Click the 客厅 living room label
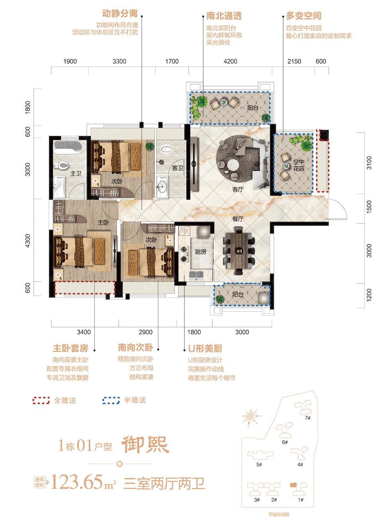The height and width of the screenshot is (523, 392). point(238,190)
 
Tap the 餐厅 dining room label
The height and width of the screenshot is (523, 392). point(238,219)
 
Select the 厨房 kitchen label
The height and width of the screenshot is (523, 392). point(200,252)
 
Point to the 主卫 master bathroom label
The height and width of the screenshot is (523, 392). point(76,173)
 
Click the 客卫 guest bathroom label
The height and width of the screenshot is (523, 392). point(178,168)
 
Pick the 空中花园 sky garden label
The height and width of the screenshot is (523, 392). point(298,165)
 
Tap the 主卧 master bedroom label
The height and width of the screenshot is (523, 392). point(103,222)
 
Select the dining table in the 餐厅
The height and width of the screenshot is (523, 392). point(239,251)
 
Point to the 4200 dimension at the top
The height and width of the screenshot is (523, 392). point(230,61)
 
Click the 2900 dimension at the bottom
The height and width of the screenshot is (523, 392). point(145,332)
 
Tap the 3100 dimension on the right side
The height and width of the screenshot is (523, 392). point(369,163)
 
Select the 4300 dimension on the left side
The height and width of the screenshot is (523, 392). point(27,241)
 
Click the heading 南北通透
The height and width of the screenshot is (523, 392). point(224,16)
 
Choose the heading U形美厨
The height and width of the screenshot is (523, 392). point(205,349)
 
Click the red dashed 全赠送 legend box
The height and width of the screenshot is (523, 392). point(41,400)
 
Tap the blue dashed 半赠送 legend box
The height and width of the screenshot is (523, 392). point(111,400)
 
